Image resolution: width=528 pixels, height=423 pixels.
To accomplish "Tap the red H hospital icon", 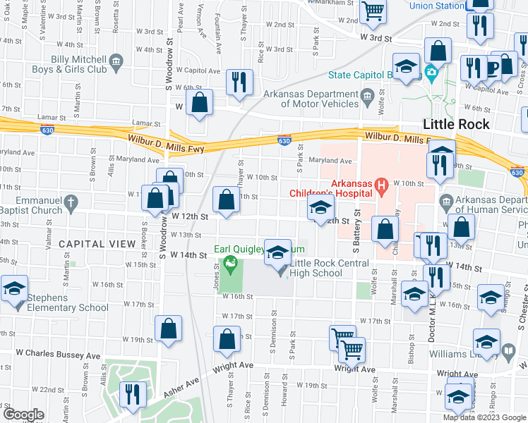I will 383,187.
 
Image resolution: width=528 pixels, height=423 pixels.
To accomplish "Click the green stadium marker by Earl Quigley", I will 229,264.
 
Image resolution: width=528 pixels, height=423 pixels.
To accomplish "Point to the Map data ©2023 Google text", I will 484,417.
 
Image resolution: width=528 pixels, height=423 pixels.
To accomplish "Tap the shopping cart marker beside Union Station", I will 372,10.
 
